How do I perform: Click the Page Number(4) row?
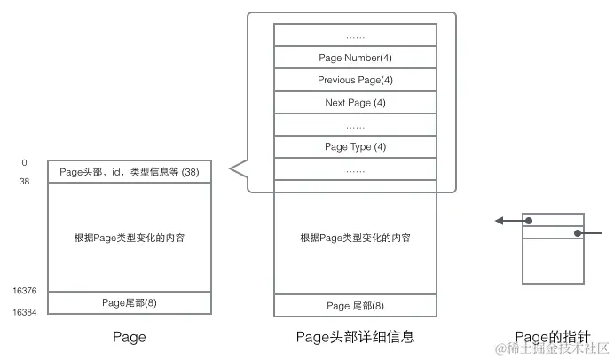coord(355,58)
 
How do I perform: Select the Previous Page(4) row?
coord(355,80)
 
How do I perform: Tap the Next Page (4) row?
coord(355,103)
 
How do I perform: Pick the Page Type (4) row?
coord(355,146)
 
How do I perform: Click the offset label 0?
coord(24,163)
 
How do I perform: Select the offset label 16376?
coord(24,291)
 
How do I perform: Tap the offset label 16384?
coord(24,312)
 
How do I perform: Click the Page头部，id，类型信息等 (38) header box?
coord(129,171)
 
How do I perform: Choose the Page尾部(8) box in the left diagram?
coord(129,302)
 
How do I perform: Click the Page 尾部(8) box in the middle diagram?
coord(355,306)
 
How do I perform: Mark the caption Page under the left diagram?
coord(130,338)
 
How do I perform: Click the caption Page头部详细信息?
coord(355,338)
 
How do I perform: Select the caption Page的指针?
coord(551,338)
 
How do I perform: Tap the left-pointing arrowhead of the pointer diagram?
coord(499,221)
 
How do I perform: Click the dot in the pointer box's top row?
coord(529,221)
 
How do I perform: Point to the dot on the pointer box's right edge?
coord(578,234)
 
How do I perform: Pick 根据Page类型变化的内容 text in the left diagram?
coord(130,238)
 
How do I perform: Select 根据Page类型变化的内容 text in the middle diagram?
coord(355,238)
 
